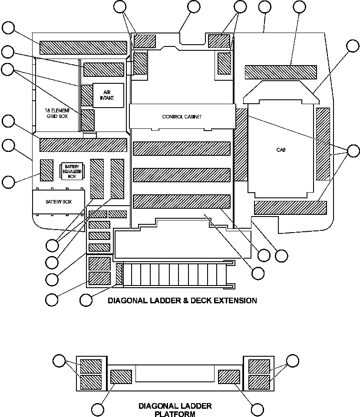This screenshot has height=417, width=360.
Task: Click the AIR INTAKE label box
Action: [108, 95]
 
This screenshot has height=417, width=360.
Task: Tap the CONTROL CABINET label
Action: [182, 117]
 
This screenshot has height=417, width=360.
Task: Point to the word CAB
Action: [281, 150]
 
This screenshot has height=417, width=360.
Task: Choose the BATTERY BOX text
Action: [59, 202]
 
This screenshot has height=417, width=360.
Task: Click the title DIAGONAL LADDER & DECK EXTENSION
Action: [182, 300]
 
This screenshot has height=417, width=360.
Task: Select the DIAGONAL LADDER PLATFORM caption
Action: [175, 410]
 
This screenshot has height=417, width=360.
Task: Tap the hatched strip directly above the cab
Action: [281, 72]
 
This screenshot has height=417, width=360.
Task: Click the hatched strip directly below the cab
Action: [290, 208]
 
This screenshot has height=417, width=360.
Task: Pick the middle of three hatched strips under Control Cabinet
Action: [181, 175]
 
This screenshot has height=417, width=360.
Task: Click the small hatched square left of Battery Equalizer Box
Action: [46, 170]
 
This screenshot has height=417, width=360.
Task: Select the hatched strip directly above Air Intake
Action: [103, 69]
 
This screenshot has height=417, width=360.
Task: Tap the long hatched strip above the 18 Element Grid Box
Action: [83, 48]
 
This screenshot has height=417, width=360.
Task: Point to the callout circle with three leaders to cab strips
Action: [353, 151]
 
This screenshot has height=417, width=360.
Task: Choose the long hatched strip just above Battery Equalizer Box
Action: [83, 145]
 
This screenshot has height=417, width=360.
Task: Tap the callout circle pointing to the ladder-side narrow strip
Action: [86, 299]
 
